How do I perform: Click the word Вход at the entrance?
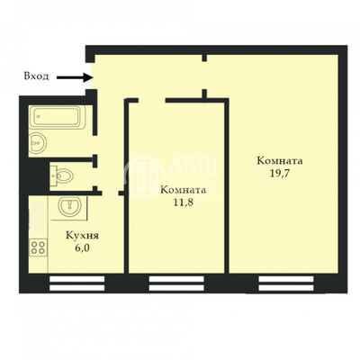(36, 76)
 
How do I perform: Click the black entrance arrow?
(75, 77)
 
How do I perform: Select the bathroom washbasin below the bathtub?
(38, 143)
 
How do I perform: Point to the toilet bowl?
(61, 175)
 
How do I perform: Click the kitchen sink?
(69, 207)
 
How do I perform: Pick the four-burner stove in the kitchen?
(39, 247)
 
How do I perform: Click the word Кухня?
(82, 236)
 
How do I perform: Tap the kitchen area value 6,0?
(82, 248)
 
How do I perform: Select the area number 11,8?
(183, 202)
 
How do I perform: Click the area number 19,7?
(280, 173)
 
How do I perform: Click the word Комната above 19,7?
(280, 161)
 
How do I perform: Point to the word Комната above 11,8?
(184, 190)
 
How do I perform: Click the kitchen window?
(76, 283)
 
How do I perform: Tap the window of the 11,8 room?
(176, 283)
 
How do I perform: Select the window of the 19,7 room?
(286, 283)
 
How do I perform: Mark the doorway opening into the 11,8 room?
(152, 101)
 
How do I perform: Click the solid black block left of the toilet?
(39, 175)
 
